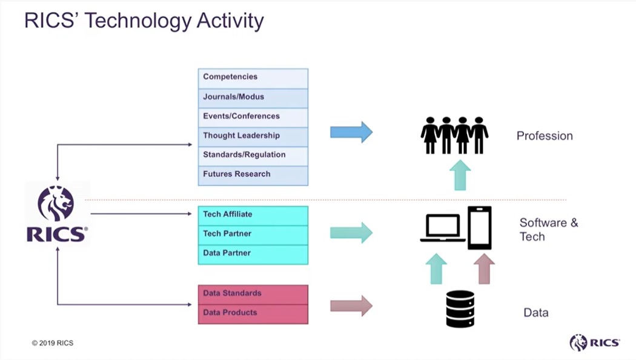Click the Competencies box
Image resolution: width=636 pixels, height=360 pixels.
pos(253,78)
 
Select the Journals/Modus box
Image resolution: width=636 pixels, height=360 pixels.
pos(253,97)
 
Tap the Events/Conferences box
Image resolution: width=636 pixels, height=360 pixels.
pos(253,116)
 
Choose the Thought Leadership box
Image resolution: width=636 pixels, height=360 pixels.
pos(253,136)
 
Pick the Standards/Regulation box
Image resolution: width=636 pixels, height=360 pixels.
pos(253,155)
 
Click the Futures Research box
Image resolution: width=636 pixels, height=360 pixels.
pos(253,175)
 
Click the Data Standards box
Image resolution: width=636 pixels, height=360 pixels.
pos(253,294)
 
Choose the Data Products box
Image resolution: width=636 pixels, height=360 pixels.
pos(253,313)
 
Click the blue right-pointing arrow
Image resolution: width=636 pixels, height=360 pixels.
pos(351,132)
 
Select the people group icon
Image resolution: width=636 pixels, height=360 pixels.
pos(454,135)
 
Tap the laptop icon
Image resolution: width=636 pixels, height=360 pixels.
pos(443,229)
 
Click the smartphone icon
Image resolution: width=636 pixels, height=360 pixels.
pos(479,228)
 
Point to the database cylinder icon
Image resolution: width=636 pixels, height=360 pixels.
pos(460,309)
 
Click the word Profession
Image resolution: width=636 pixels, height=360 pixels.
pos(545,136)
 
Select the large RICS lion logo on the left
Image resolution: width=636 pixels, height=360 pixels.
pos(57,214)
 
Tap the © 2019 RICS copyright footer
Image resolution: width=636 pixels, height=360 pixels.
pos(53,343)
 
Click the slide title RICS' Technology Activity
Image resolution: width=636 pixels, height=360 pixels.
pos(144,21)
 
